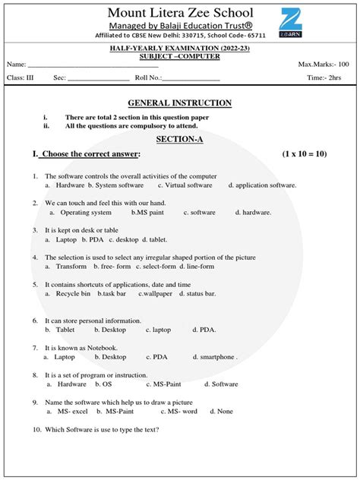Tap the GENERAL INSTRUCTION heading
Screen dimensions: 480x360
(x=179, y=103)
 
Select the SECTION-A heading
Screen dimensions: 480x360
(x=179, y=140)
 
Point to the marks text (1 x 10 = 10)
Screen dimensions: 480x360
(x=304, y=154)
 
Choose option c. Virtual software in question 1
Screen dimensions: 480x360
(x=185, y=185)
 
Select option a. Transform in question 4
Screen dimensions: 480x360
(x=67, y=267)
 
